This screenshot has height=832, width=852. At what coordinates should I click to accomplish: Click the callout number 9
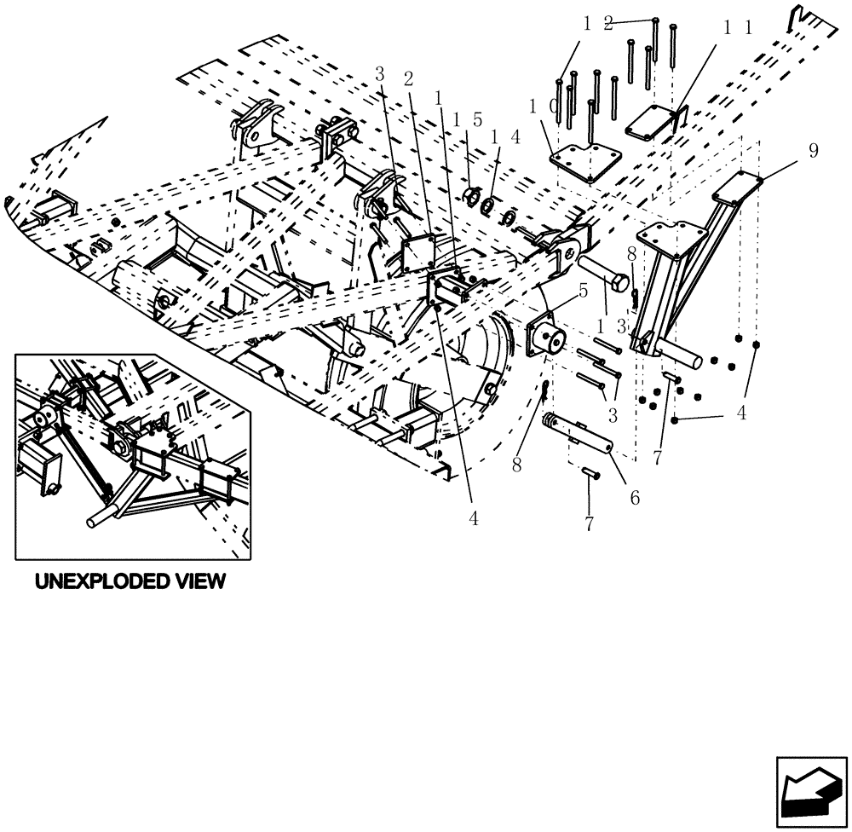point(813,151)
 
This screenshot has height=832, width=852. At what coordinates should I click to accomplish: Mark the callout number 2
point(409,78)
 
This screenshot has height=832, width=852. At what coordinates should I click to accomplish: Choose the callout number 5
point(582,290)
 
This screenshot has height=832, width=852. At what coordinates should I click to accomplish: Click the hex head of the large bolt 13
point(621,281)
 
